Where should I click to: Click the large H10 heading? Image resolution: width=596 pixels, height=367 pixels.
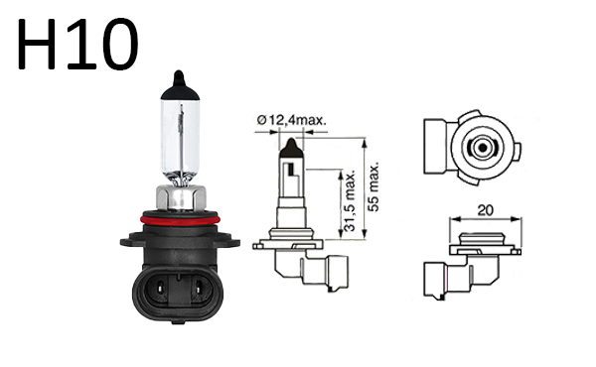(77, 44)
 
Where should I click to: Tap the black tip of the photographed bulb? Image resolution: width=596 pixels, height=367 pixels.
(180, 86)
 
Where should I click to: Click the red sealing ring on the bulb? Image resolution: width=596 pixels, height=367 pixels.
(180, 220)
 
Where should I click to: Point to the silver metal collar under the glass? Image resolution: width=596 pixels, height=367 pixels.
(181, 197)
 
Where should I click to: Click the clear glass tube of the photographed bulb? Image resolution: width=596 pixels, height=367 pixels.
(180, 142)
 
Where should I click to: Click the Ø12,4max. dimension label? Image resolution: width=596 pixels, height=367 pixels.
(291, 120)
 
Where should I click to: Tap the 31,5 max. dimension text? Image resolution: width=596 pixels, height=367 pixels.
(349, 200)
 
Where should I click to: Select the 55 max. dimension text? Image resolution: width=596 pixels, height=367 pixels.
(374, 186)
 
